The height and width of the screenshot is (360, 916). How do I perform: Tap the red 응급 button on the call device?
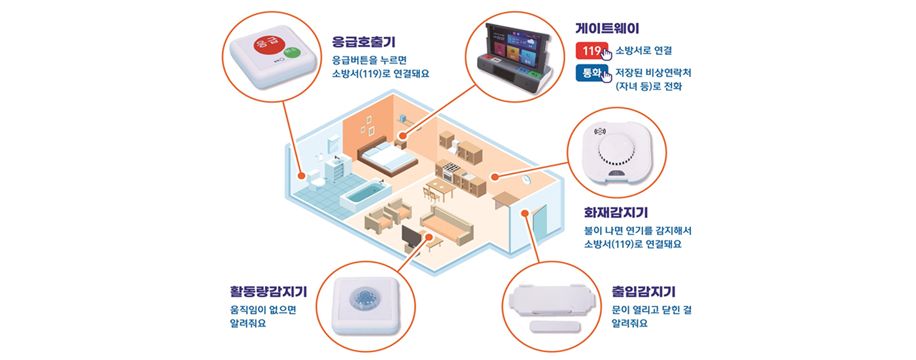(258, 46)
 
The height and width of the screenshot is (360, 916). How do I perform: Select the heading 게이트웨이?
(607, 28)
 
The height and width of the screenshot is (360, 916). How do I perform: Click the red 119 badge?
(591, 50)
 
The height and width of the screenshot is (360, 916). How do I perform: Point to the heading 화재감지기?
(616, 213)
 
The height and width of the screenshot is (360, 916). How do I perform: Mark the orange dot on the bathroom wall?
(301, 175)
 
